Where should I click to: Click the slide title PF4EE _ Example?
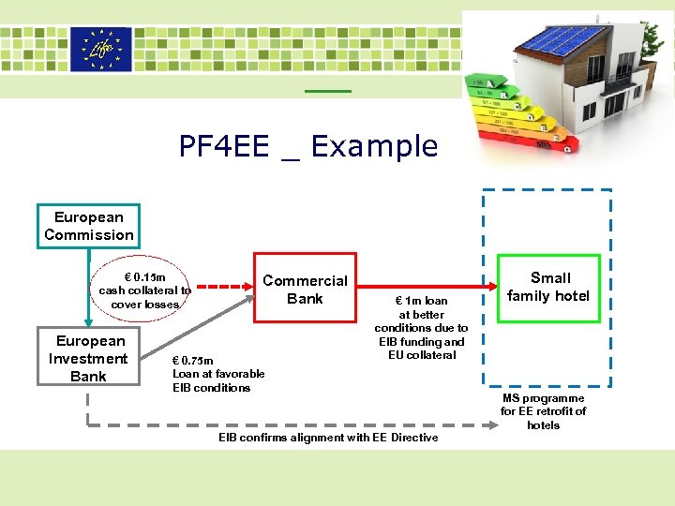(x=308, y=146)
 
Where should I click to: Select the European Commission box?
(x=88, y=226)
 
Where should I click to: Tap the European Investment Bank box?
(x=88, y=358)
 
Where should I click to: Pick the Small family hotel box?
(x=549, y=288)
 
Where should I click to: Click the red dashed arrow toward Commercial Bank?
(x=227, y=287)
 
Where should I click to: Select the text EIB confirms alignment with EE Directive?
(x=328, y=438)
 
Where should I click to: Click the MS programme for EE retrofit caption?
(x=543, y=411)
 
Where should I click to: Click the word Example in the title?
(x=374, y=146)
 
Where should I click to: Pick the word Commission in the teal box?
(x=88, y=234)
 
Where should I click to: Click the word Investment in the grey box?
(x=88, y=358)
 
